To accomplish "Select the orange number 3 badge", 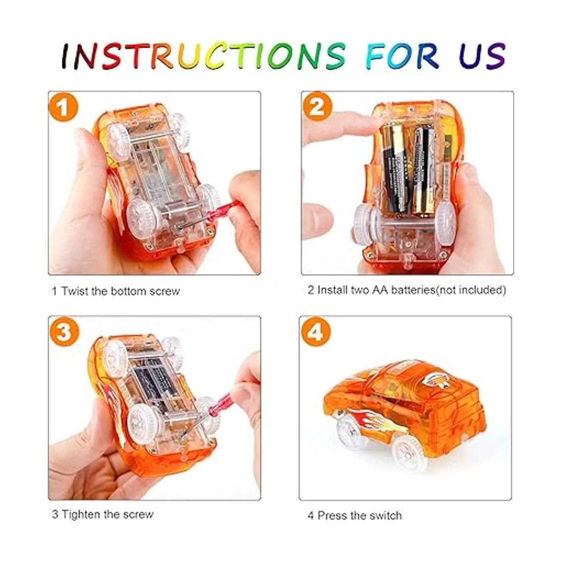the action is pos(64,333).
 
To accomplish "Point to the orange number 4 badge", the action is pos(316,333).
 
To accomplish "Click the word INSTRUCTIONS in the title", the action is pos(203,56).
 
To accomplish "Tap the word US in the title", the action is pos(482,56).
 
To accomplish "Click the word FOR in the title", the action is pos(403,56).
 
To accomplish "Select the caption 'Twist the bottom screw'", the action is pos(120,291).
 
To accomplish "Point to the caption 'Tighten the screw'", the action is pos(108,515).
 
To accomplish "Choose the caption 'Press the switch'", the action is pos(360,516).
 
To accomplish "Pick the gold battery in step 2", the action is pos(423,172).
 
